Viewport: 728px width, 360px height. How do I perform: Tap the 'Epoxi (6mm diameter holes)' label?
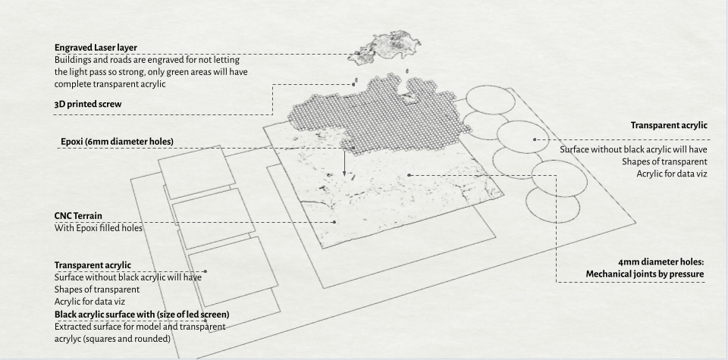[117, 142]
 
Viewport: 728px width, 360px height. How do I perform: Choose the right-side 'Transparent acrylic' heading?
[669, 125]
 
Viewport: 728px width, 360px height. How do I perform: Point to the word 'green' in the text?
[181, 71]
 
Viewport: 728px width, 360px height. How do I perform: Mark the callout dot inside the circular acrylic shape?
[535, 139]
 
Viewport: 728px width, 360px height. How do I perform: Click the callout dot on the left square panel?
[206, 271]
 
